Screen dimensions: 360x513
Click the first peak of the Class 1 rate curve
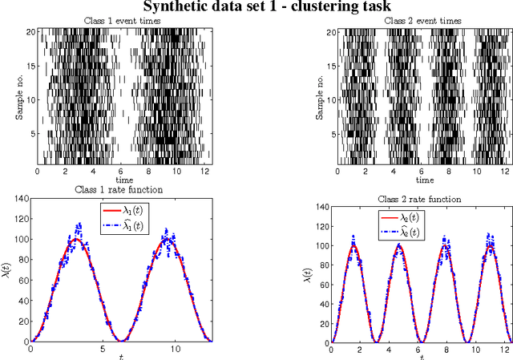(x=77, y=238)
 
